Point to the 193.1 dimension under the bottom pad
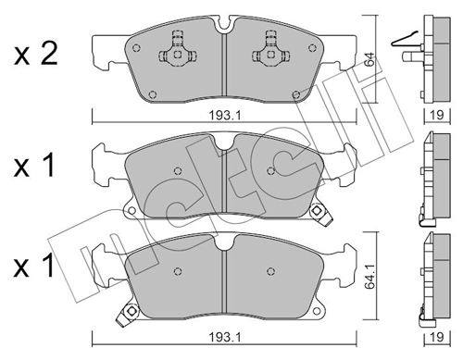[219, 340]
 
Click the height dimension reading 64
[369, 61]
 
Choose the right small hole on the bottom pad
[270, 270]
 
